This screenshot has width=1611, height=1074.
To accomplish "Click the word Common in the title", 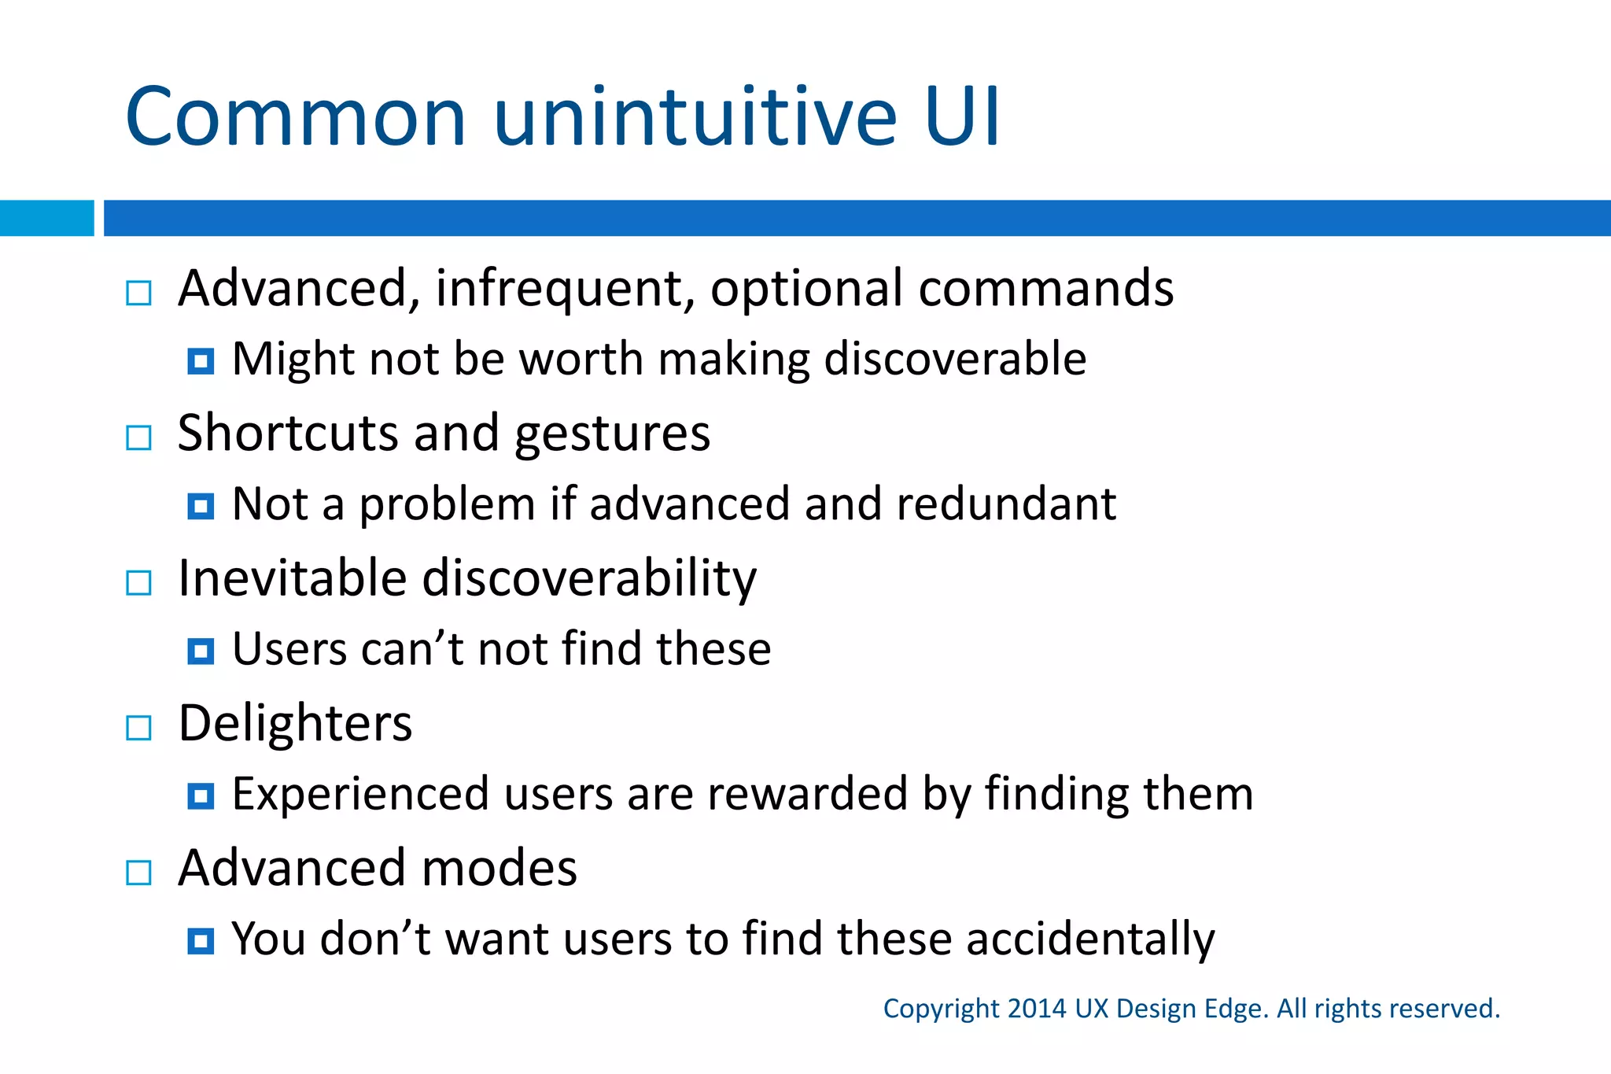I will coord(296,118).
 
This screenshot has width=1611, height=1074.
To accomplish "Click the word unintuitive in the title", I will coord(695,118).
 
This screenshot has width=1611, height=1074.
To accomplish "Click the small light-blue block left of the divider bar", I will coord(46,218).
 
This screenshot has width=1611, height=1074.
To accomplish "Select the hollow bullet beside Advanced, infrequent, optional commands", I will coord(139,293).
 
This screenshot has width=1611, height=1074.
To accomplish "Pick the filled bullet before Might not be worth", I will coord(201,361).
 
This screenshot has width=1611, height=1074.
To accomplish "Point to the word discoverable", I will coord(955,359).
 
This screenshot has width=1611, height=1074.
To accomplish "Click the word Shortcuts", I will coord(288,434).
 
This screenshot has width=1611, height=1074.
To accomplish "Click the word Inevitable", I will coord(292,578).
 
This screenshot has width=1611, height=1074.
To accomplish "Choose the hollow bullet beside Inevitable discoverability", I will coord(139,583).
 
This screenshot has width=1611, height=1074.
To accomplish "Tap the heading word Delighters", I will coord(295,724).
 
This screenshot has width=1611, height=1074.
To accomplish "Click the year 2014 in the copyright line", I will coord(1036,1009).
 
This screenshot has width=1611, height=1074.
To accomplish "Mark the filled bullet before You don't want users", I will coord(201,941).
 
